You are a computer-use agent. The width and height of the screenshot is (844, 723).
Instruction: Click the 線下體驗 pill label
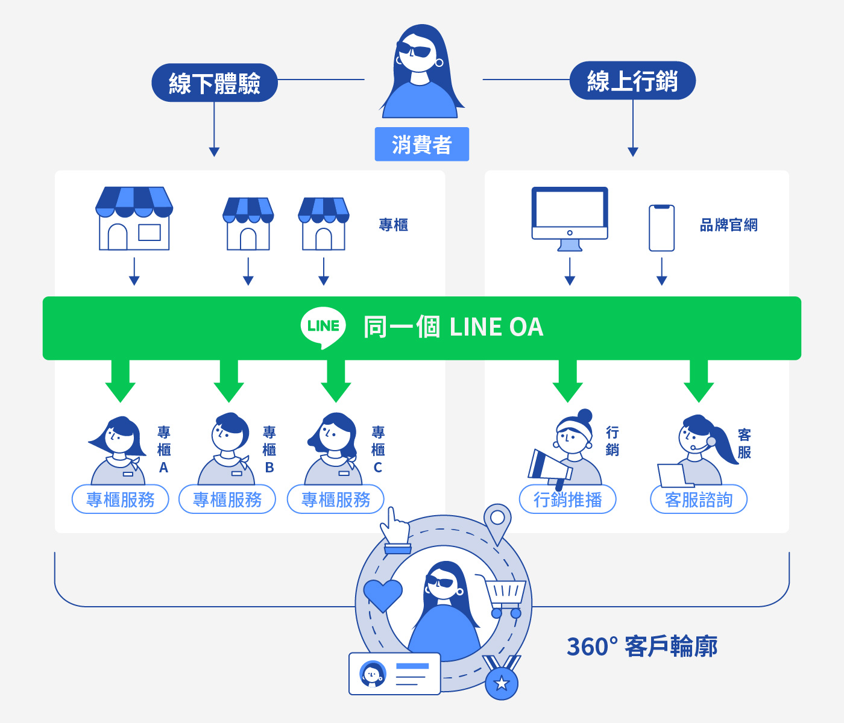click(x=214, y=83)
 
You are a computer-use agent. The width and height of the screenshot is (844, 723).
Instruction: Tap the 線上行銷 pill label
click(x=632, y=81)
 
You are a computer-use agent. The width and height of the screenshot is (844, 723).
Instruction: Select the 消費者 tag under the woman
click(x=421, y=145)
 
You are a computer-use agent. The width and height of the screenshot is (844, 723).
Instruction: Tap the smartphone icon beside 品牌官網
click(x=661, y=228)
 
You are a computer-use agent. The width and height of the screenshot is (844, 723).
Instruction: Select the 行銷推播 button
click(x=567, y=499)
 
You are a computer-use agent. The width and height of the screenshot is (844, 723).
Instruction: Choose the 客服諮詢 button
click(x=699, y=499)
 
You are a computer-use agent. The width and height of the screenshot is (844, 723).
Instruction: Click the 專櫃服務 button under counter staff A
click(x=120, y=499)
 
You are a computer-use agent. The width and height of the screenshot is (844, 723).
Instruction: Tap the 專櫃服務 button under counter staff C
click(x=335, y=499)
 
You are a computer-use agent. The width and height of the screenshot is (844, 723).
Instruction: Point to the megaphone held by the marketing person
click(x=549, y=467)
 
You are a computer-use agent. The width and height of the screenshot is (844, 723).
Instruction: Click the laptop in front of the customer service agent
click(x=673, y=475)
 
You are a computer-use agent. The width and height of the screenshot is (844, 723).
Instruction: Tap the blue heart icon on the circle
click(x=383, y=594)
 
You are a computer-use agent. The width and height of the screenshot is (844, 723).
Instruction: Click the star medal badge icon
click(x=502, y=681)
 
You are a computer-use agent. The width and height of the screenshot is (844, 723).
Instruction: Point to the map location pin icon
click(x=497, y=522)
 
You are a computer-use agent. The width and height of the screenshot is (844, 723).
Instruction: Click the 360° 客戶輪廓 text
click(x=642, y=646)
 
